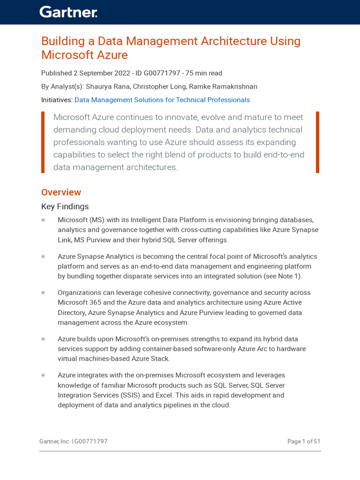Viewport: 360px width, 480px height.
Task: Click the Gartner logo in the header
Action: tap(68, 12)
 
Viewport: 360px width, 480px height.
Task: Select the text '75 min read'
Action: tap(204, 73)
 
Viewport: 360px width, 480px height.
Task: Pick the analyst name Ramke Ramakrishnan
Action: tap(223, 87)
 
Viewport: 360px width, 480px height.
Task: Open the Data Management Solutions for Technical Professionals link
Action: tap(162, 100)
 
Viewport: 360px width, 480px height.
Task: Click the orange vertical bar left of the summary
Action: tap(43, 142)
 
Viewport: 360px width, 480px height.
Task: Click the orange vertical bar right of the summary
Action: tap(317, 142)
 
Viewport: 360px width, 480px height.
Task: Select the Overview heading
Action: tap(61, 192)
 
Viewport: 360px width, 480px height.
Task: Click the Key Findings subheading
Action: tap(65, 207)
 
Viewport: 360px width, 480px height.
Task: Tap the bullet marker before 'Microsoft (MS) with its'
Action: tap(43, 220)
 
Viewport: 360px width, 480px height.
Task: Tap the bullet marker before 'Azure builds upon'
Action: tap(43, 339)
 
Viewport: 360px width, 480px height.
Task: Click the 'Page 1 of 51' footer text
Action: tap(304, 442)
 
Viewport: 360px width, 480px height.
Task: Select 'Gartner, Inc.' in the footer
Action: tap(55, 442)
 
